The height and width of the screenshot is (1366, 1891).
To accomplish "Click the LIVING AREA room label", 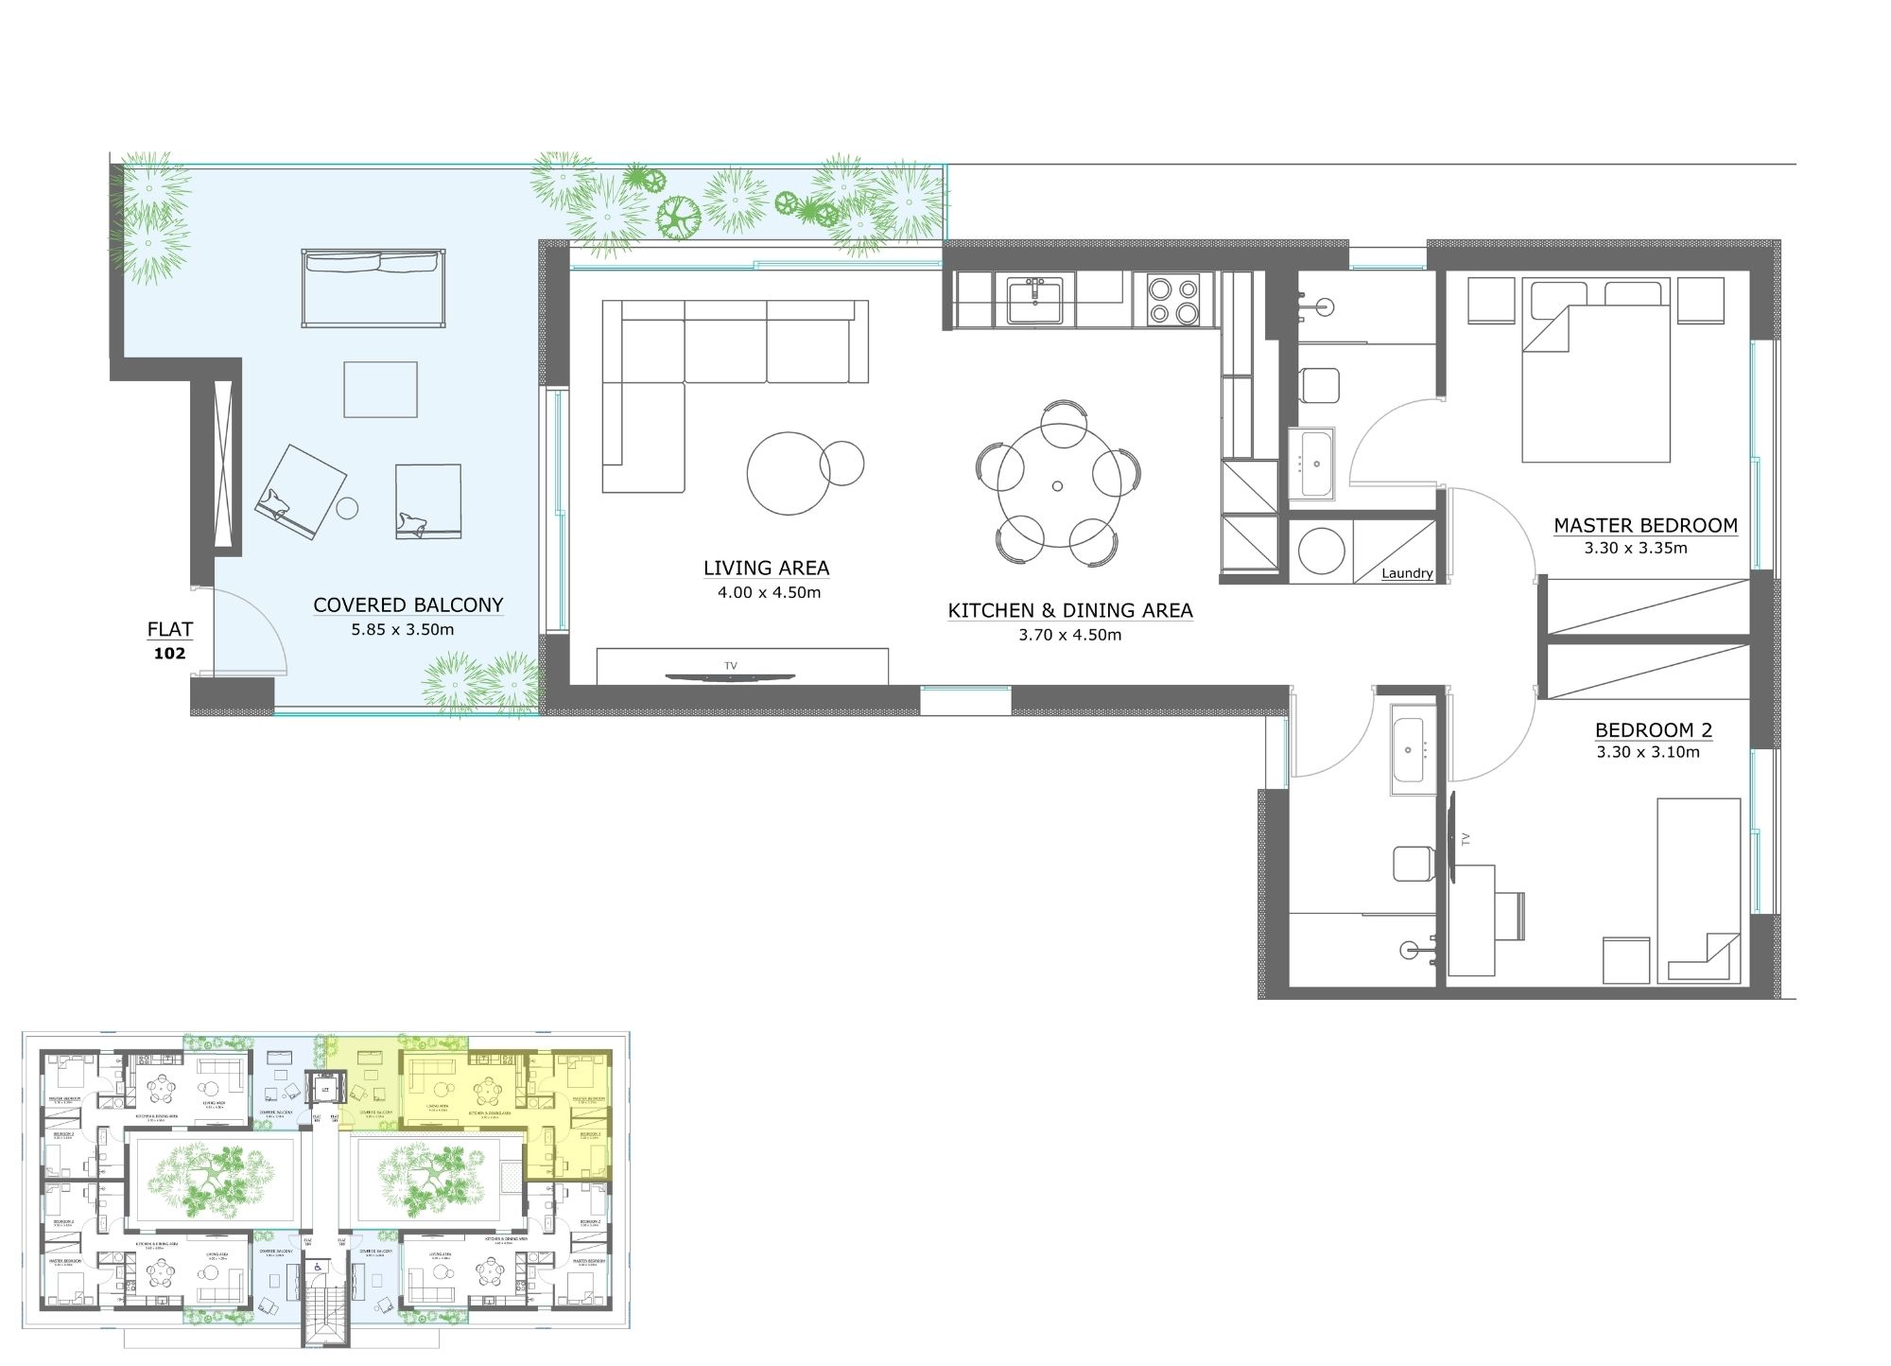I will click(766, 568).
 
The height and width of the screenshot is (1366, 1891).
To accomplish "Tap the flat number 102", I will click(170, 653).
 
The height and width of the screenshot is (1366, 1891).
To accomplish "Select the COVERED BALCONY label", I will click(408, 604).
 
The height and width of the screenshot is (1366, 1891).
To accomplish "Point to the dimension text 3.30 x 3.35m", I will click(1636, 548).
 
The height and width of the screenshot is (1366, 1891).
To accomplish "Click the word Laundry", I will click(1407, 573).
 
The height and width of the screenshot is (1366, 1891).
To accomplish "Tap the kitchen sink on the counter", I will click(1034, 301).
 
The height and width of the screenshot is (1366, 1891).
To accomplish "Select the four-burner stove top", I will click(1172, 300).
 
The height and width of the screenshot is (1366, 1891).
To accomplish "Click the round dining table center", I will click(1057, 486).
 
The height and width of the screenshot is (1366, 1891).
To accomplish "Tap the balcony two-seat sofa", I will click(373, 289).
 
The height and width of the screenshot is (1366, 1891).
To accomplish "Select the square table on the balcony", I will click(380, 390).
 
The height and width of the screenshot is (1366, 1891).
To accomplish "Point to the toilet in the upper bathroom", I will click(1318, 384).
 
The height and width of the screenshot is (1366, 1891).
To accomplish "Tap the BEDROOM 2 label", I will click(1654, 730).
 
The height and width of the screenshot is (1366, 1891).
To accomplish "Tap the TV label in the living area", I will click(730, 666).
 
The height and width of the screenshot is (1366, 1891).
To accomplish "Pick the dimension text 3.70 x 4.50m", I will click(1069, 635).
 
